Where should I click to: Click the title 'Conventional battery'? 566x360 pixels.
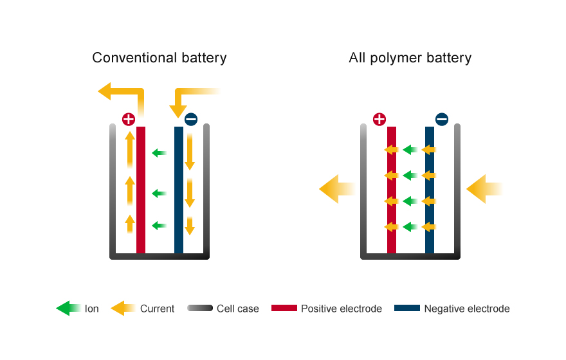click(159, 58)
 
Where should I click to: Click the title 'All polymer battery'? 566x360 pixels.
click(410, 58)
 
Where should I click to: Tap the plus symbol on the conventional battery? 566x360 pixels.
click(129, 119)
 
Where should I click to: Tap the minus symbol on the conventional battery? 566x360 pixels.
click(191, 119)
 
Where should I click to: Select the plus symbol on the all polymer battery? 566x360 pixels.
click(379, 119)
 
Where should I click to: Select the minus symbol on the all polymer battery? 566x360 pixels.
click(442, 119)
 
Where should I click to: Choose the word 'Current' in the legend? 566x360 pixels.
click(157, 309)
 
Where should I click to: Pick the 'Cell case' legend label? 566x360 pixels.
click(237, 309)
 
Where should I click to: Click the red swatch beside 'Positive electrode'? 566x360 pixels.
click(284, 309)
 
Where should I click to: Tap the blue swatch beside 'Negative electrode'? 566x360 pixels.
click(406, 309)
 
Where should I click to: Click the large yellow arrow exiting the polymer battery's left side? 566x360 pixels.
click(336, 189)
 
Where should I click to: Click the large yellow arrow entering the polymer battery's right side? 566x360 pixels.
click(483, 189)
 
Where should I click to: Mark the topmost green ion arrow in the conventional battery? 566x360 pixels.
click(158, 153)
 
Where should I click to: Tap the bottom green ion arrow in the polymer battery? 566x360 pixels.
click(410, 227)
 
